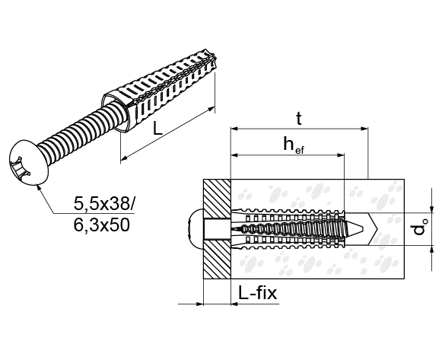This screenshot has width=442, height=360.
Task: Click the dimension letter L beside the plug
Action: click(157, 129)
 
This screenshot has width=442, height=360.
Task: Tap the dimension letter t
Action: click(299, 119)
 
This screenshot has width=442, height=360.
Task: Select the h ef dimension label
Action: click(294, 145)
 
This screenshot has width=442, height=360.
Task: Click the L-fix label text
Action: click(258, 293)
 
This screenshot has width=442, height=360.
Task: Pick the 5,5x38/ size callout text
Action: click(104, 203)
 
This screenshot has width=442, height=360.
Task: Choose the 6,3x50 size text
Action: click(101, 225)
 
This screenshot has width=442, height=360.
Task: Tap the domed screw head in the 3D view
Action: click(27, 163)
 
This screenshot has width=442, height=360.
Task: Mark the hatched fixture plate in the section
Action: click(217, 229)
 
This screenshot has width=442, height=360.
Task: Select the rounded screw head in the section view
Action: click(196, 229)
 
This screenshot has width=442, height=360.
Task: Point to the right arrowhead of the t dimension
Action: click(364, 129)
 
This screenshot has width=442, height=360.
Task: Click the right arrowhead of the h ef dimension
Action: click(341, 155)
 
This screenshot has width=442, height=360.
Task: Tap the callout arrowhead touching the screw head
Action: click(40, 187)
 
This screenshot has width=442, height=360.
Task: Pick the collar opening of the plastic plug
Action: click(115, 112)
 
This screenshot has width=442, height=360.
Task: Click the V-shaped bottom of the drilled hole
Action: click(372, 228)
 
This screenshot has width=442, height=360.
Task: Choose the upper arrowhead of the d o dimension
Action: click(431, 209)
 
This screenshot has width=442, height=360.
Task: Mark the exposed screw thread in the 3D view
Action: click(79, 133)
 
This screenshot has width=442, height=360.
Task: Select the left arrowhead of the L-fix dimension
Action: click(199, 304)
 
